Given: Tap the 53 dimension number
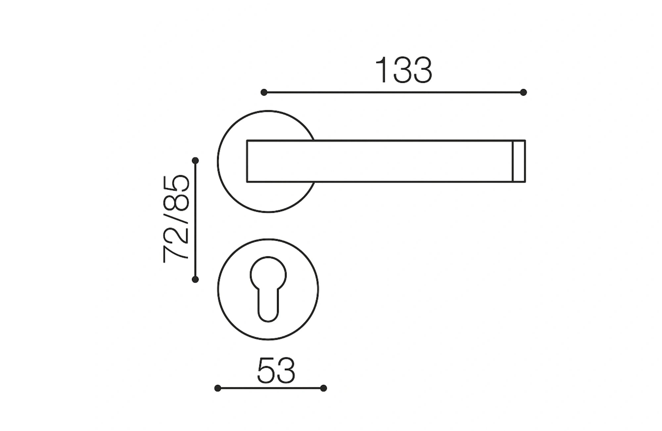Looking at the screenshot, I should [276, 371].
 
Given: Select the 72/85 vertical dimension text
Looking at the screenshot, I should [176, 219].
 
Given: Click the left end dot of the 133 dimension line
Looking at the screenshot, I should [264, 92].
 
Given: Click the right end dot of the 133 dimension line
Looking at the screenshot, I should [523, 92].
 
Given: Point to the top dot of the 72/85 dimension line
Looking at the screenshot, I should [195, 161].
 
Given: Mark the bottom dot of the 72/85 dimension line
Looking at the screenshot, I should [195, 279].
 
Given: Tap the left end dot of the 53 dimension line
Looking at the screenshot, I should [217, 388].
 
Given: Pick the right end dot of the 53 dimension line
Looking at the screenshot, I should [324, 388].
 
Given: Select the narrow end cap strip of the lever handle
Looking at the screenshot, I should [519, 161].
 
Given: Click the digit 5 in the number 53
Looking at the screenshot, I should [266, 371].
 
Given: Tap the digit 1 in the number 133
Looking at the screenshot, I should [382, 70].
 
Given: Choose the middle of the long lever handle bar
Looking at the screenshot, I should [381, 161].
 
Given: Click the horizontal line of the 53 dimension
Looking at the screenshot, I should [271, 388].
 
